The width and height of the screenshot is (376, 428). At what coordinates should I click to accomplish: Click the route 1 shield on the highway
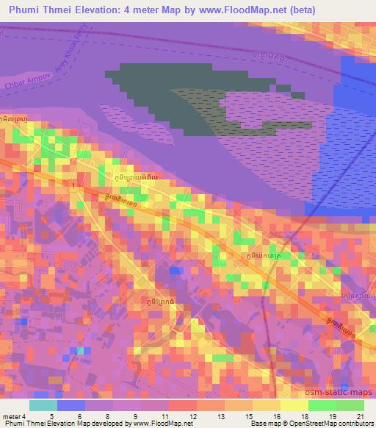pos(75,189)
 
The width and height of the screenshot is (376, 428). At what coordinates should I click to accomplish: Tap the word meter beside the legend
pos(12,415)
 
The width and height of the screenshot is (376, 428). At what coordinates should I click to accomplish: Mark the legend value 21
pos(358,415)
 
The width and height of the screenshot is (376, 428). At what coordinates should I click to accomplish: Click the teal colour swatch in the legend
pos(43,404)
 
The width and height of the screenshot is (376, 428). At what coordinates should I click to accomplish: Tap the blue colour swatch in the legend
pos(70,404)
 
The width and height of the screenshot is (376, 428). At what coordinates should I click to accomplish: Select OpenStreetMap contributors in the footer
pos(334,424)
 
